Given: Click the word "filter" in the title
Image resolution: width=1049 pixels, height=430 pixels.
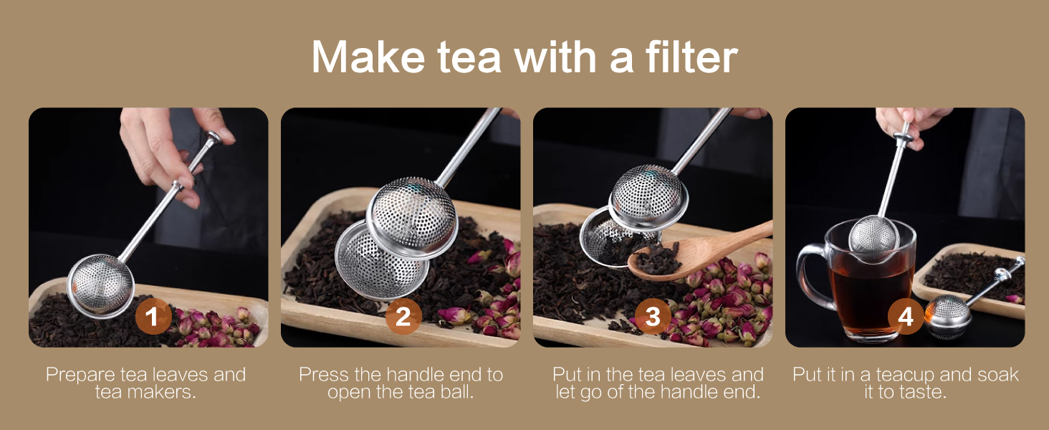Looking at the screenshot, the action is pos(691,57).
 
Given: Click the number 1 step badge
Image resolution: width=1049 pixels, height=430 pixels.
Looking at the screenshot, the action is pos(153,317).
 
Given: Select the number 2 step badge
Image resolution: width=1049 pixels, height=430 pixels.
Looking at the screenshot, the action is pos(403,317).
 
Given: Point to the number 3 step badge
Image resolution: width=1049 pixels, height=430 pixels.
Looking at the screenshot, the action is pos(653,317).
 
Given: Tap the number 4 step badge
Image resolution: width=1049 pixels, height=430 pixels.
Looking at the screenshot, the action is pos(906,317).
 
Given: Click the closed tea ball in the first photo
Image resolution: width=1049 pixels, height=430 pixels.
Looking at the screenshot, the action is pos(100,286).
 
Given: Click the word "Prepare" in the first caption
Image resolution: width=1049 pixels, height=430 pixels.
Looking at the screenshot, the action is pos(80,375).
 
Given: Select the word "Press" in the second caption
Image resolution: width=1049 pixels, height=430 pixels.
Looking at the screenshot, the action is pos(324,375).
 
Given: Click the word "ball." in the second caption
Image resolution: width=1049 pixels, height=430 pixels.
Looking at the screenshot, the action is pos(457,392).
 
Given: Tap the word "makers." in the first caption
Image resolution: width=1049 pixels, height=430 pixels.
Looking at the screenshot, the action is pos(166,392).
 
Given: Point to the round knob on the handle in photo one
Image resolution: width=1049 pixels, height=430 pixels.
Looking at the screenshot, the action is pos(214,138).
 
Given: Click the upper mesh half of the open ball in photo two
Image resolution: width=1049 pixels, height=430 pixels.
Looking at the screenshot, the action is pos(412,216).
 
